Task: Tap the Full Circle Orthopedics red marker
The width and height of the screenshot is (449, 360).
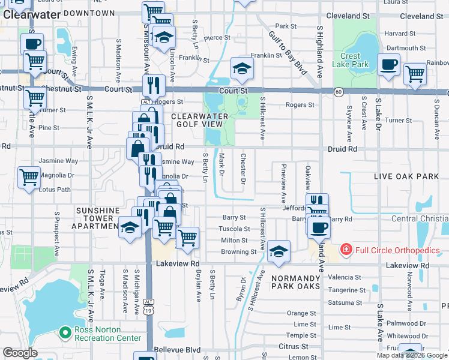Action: [346, 250]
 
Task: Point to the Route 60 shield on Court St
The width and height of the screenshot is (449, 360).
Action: [339, 92]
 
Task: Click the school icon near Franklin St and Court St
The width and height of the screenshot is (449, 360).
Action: [241, 70]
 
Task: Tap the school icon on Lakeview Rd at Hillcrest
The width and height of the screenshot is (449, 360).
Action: [279, 252]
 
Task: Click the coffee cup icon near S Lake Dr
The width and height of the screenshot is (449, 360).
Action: [389, 65]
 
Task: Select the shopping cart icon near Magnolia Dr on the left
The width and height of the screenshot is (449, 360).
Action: [29, 178]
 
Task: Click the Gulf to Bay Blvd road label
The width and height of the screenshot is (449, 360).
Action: [288, 54]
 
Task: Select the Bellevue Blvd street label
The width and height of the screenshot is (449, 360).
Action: [177, 349]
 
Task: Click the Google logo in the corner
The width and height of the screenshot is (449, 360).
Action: [20, 353]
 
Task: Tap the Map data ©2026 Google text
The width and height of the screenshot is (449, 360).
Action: [412, 355]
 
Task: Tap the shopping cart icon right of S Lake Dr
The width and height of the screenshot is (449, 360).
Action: [415, 74]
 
